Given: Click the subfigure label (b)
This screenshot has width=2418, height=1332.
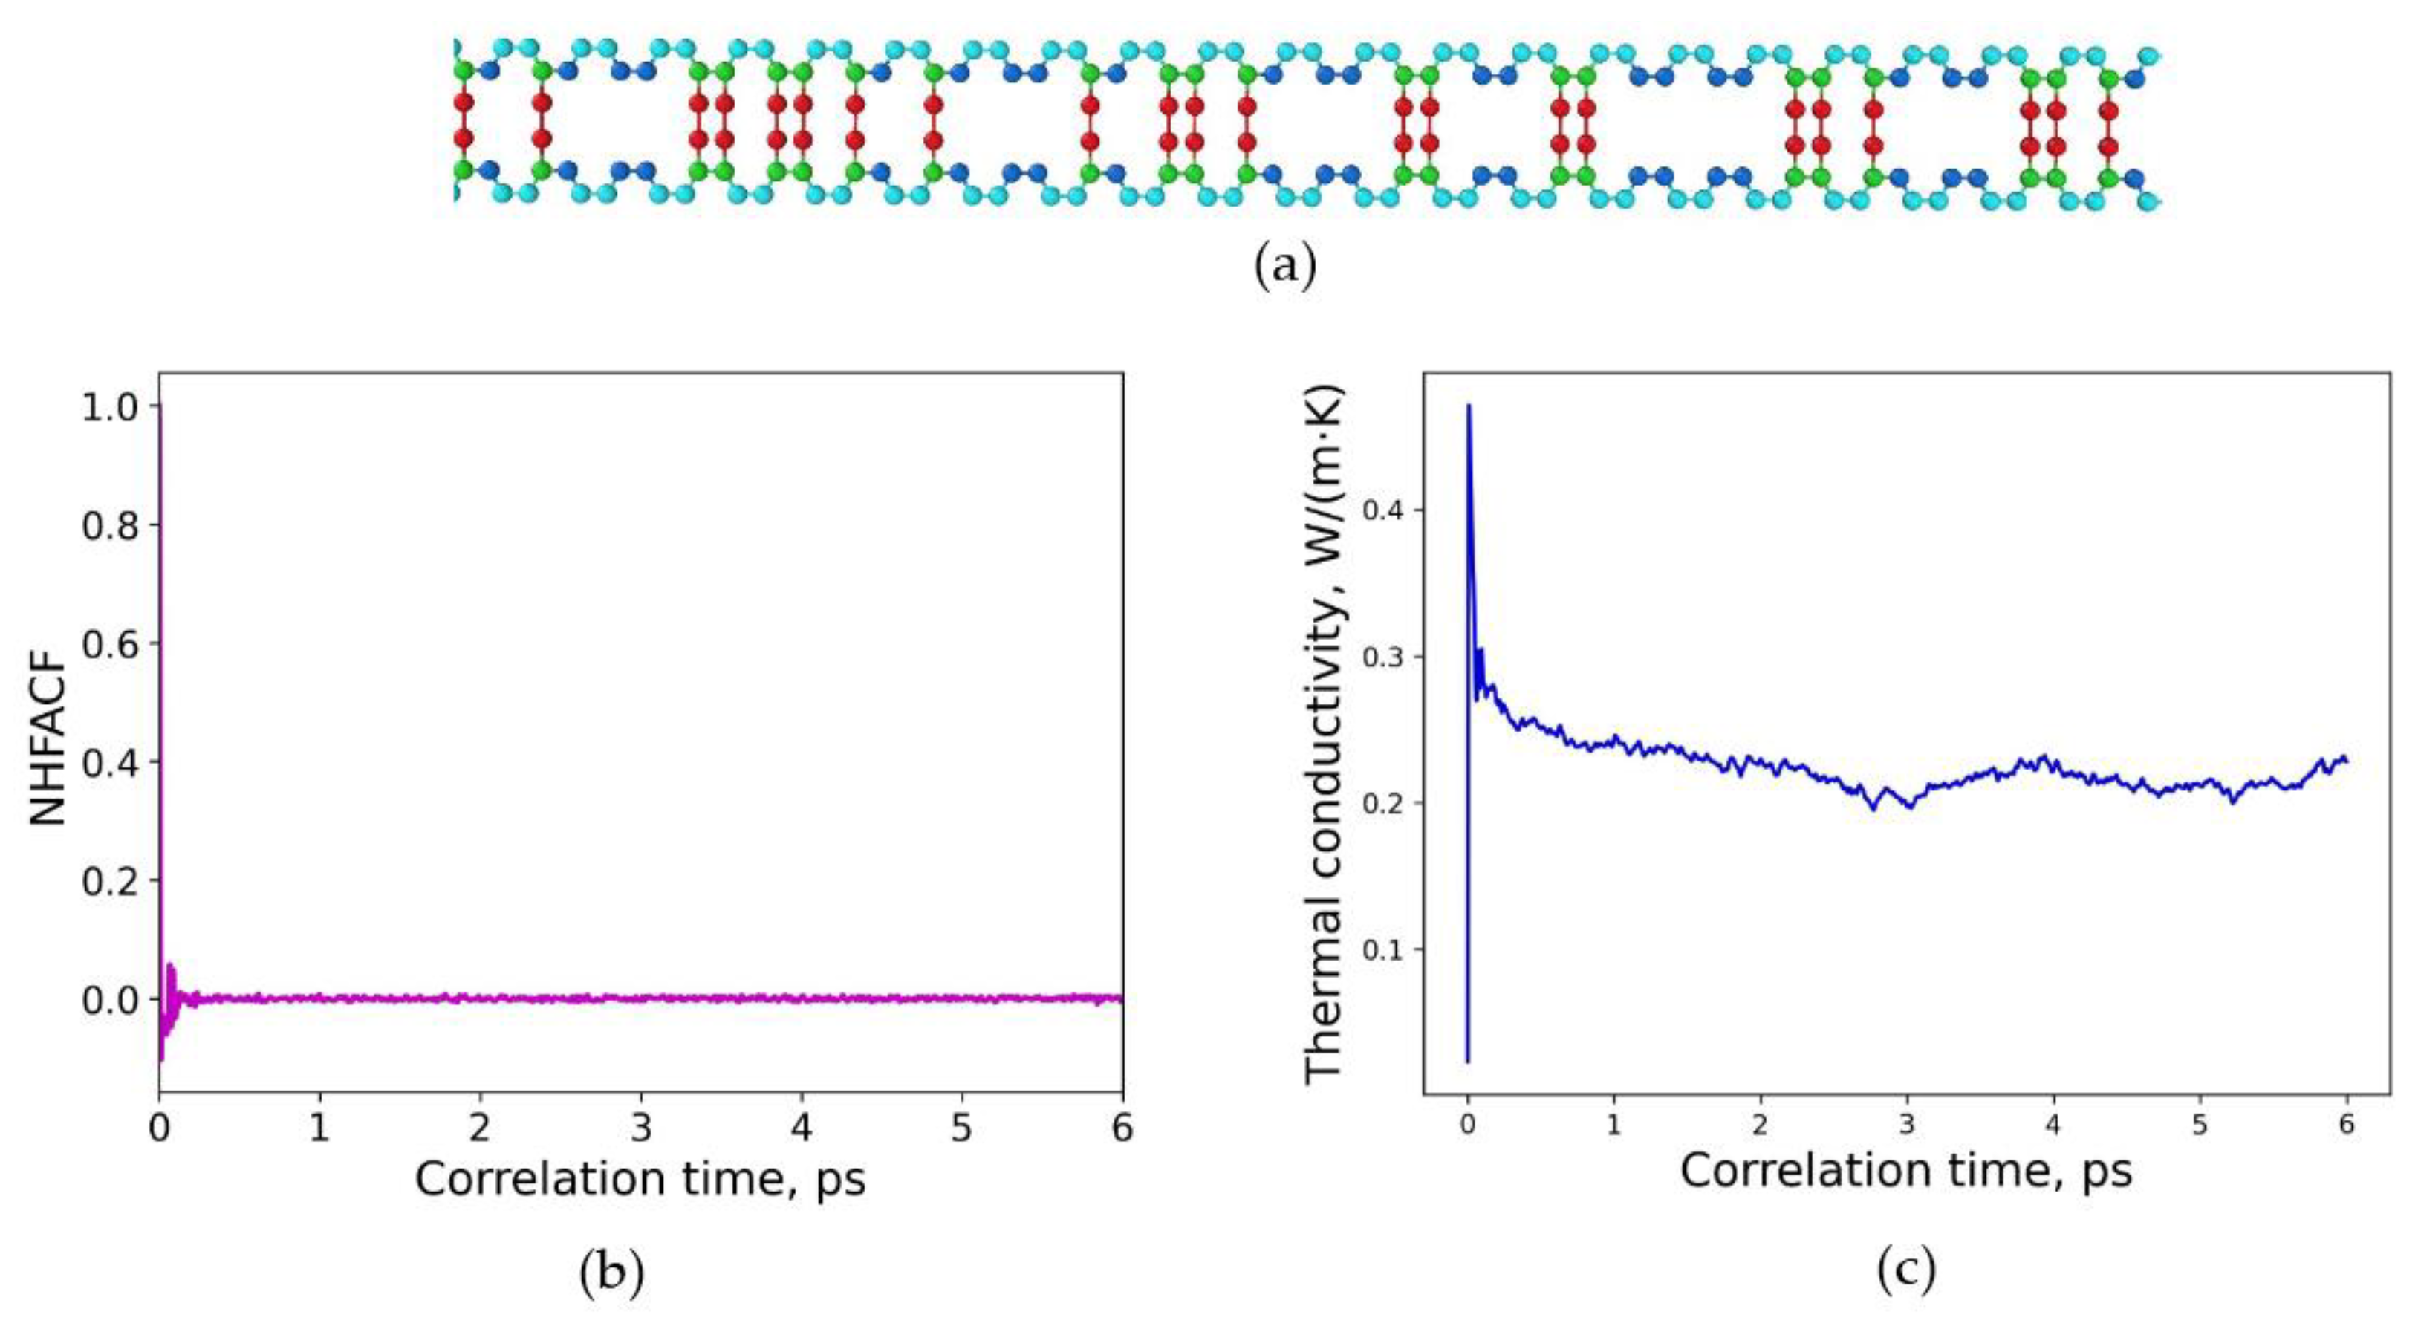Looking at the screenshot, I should (612, 1272).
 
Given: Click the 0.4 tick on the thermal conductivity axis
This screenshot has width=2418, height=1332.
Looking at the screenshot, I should (1379, 510).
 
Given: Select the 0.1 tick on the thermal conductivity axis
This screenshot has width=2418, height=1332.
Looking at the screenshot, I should (1379, 950).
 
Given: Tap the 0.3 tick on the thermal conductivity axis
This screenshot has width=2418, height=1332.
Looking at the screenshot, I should (1379, 656).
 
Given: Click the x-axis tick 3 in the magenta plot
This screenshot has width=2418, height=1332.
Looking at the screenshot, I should (641, 1128).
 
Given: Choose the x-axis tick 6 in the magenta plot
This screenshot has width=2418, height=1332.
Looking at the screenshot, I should (1122, 1128).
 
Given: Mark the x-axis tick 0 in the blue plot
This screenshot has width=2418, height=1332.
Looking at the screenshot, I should (1467, 1125).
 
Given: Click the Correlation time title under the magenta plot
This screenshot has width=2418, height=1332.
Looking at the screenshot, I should (640, 1180).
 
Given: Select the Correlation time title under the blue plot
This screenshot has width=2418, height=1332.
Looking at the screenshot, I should (1905, 1172).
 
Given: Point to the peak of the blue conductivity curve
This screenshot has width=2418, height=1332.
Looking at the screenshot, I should (1469, 406).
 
